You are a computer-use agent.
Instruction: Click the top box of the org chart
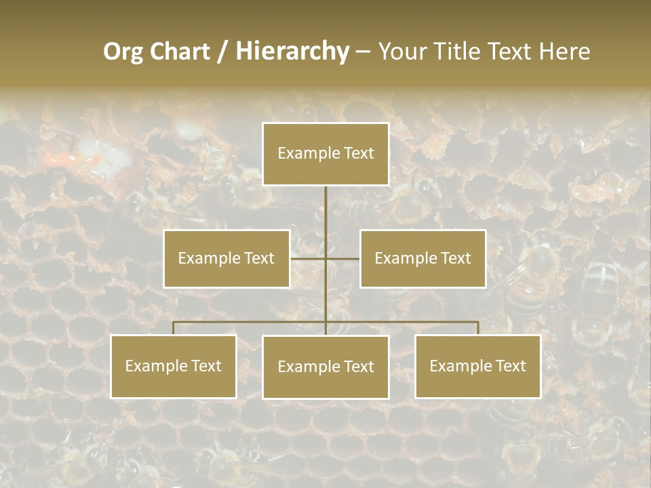[325, 154]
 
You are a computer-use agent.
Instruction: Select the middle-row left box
[226, 258]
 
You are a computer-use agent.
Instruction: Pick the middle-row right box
[422, 258]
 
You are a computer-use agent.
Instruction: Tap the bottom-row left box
[174, 366]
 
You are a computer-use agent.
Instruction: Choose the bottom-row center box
[325, 367]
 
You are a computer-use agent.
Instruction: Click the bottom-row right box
[477, 366]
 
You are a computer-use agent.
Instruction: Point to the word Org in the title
[123, 52]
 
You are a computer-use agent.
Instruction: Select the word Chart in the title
[179, 52]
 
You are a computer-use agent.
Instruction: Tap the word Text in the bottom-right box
[510, 366]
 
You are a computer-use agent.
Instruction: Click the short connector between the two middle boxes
[325, 258]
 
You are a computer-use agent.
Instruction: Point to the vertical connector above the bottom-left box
[174, 328]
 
